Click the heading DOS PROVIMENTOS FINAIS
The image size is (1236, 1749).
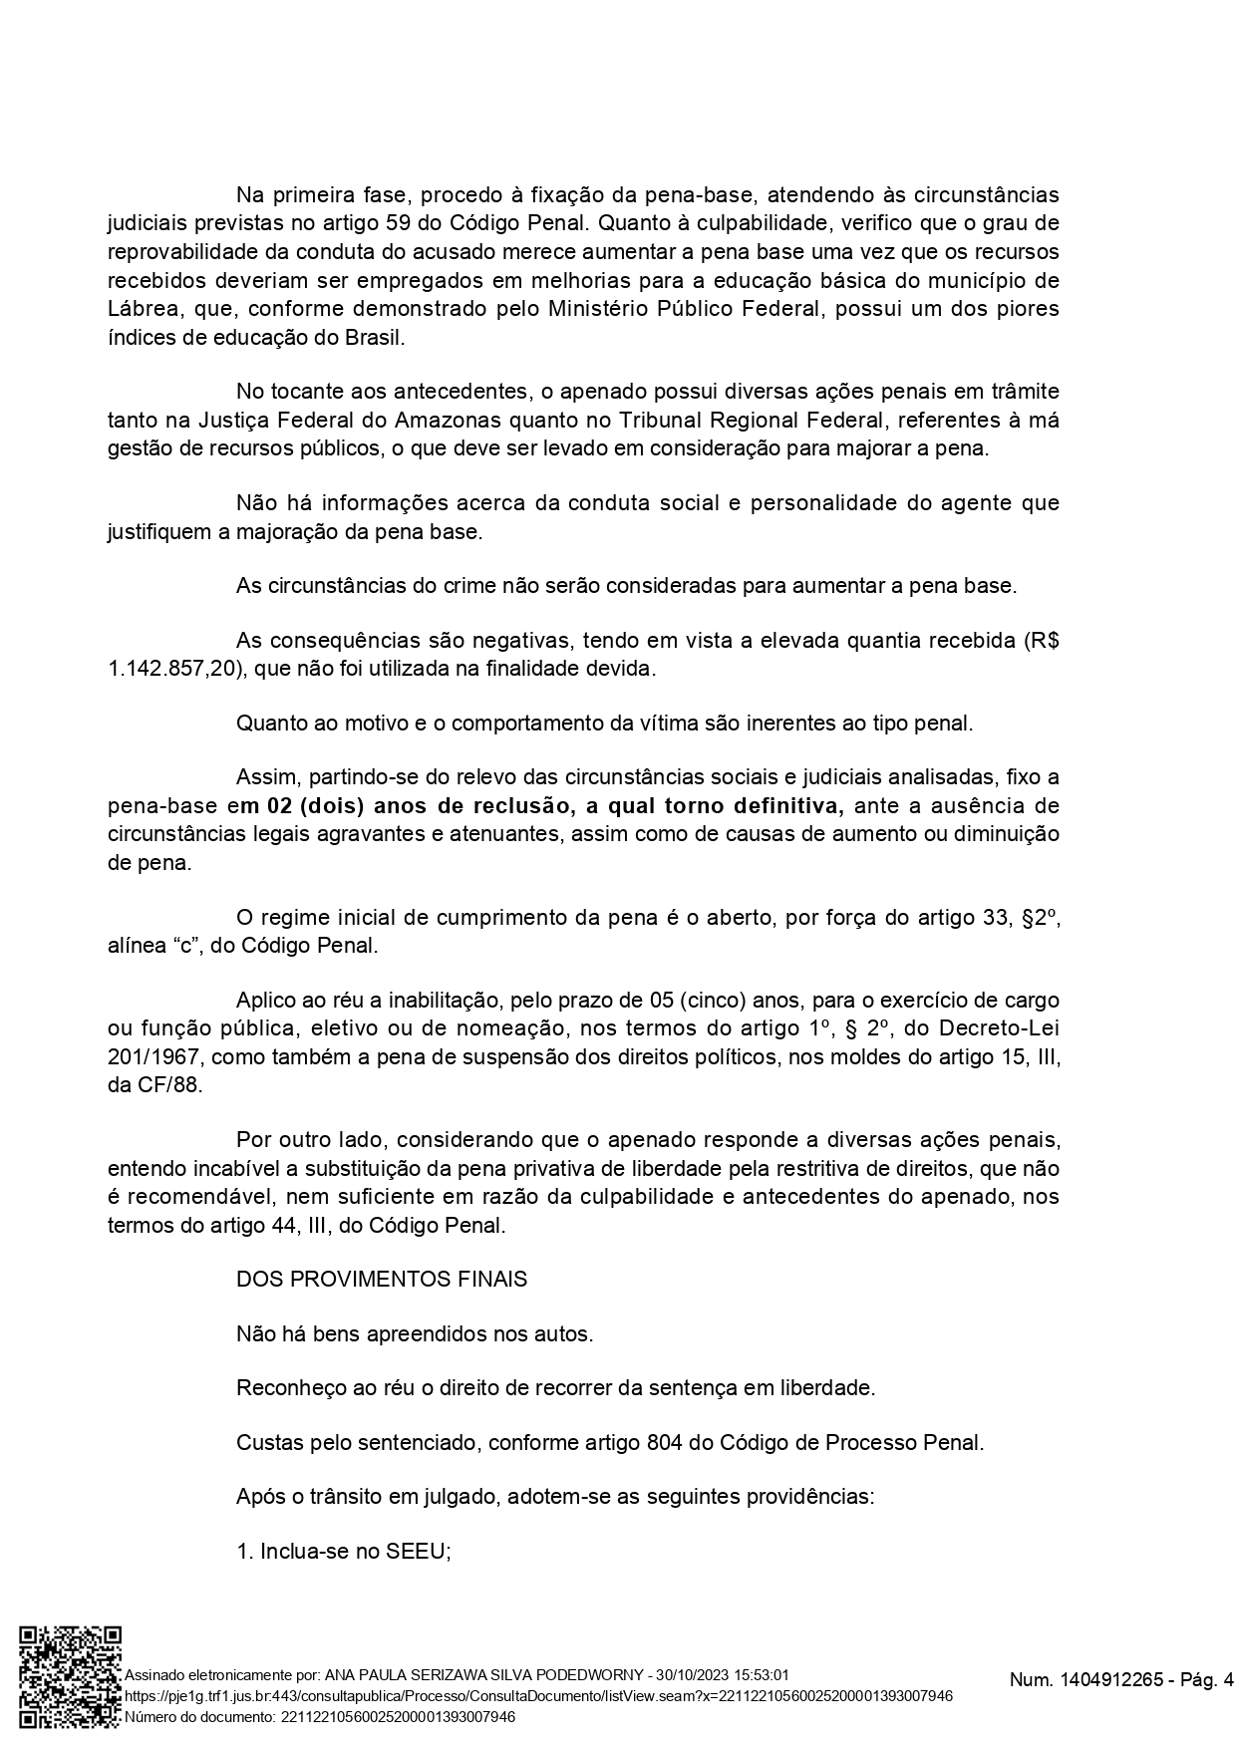tap(382, 1279)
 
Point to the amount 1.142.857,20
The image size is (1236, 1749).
tap(172, 669)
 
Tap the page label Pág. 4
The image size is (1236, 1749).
tap(1207, 1680)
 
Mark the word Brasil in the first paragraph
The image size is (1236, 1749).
tap(372, 338)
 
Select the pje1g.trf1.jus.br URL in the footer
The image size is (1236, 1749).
tap(538, 1696)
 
